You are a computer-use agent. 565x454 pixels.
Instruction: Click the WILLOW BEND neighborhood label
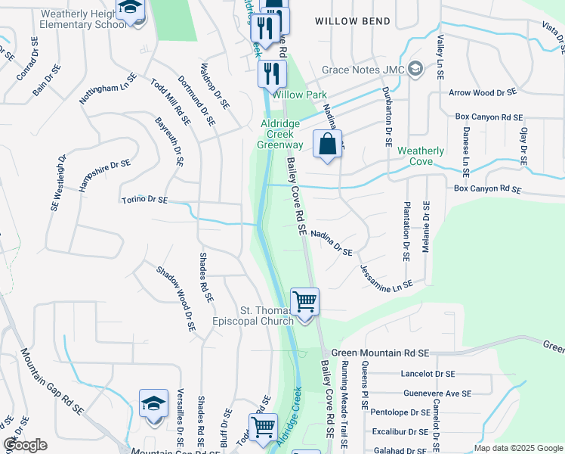[x=353, y=21]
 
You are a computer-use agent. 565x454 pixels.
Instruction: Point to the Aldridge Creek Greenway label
[x=281, y=134]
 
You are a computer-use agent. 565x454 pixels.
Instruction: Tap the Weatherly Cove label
[x=421, y=156]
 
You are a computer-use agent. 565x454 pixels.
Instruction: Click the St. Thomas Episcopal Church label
[x=267, y=316]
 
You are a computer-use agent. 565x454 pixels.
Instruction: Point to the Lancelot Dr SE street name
[x=428, y=374]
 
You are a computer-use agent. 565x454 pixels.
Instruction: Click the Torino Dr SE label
[x=144, y=201]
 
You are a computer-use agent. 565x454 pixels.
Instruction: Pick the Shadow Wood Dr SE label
[x=175, y=299]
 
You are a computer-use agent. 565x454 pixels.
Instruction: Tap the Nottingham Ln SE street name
[x=108, y=89]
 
